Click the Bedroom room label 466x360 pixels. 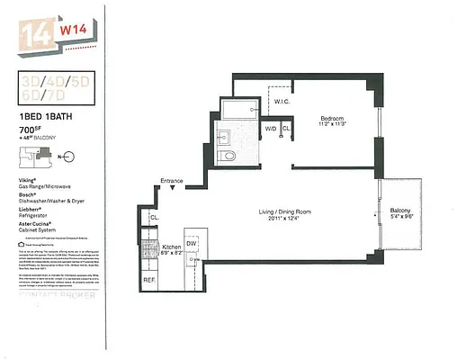[x=334, y=119]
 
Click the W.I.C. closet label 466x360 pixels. [x=279, y=101]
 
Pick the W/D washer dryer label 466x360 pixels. [x=269, y=129]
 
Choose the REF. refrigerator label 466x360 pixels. [x=149, y=280]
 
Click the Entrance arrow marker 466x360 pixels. [x=184, y=190]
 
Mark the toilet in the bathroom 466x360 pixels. [x=229, y=156]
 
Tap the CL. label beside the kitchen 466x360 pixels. [x=154, y=217]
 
